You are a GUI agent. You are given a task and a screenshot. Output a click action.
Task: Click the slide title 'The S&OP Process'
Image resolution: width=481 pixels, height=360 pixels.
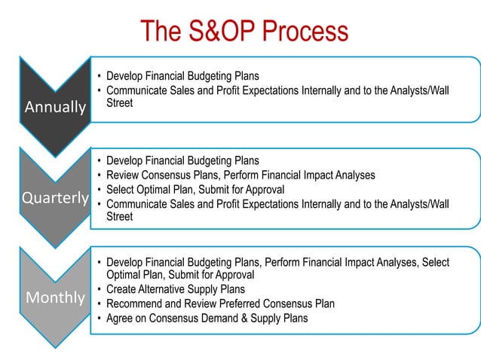[x=244, y=31]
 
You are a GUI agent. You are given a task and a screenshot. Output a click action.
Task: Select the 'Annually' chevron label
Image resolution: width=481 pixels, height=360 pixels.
[x=55, y=107]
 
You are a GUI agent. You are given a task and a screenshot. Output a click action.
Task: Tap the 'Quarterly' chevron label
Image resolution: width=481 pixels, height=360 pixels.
[x=55, y=198]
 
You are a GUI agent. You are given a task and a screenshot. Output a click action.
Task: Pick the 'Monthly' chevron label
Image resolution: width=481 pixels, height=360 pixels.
[x=55, y=297]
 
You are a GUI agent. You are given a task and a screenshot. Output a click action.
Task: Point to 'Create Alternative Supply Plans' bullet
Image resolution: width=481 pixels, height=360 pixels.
[x=175, y=289]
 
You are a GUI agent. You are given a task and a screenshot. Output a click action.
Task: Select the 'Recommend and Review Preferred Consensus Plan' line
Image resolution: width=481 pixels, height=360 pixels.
[x=220, y=304]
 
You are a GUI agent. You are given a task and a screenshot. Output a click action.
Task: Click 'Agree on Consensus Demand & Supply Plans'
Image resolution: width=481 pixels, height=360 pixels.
[x=207, y=318]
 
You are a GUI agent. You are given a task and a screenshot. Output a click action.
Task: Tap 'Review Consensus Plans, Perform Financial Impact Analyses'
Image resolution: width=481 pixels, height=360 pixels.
[x=240, y=175]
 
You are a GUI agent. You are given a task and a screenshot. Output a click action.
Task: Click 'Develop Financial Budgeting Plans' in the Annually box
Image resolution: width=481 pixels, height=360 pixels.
[x=182, y=76]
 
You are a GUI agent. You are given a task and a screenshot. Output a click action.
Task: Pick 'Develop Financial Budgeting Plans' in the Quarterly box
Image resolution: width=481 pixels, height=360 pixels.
[x=182, y=160]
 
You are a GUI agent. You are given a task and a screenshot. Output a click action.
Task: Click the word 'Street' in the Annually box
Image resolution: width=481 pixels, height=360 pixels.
[x=119, y=102]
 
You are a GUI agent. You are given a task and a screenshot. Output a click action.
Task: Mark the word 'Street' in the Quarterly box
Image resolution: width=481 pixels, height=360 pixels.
[x=119, y=217]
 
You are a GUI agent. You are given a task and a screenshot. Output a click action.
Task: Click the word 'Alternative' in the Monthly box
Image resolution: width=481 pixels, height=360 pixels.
[x=164, y=289]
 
